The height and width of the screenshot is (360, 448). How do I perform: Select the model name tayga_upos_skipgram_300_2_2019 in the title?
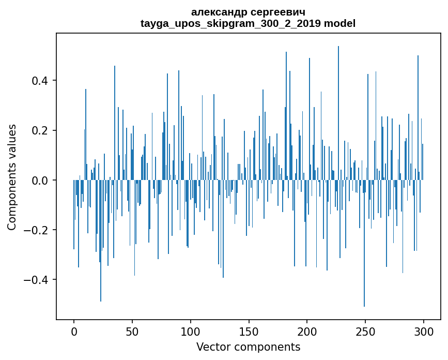tap(230, 24)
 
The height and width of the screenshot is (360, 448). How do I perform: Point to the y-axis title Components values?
tap(12, 177)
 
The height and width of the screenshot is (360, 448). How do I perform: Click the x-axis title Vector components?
tap(248, 347)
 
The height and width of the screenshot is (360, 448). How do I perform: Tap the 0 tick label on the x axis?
tap(74, 331)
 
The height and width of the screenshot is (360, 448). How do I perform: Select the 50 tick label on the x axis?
tap(132, 331)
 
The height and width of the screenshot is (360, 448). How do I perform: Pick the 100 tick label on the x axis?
tap(191, 331)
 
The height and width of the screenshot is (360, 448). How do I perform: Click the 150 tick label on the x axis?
tap(249, 331)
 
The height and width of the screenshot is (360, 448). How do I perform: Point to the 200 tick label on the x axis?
tap(307, 331)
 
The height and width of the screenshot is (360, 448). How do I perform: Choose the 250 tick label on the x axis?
tap(365, 331)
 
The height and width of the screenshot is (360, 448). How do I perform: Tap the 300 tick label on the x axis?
tap(424, 331)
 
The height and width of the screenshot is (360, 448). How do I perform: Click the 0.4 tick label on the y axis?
tap(40, 81)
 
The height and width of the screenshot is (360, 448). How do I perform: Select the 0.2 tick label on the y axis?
tap(40, 130)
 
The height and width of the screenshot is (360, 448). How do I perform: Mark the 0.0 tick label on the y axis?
tap(40, 180)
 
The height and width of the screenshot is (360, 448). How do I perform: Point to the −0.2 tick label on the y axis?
tap(36, 230)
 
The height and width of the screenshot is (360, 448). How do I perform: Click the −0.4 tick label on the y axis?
tap(36, 280)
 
